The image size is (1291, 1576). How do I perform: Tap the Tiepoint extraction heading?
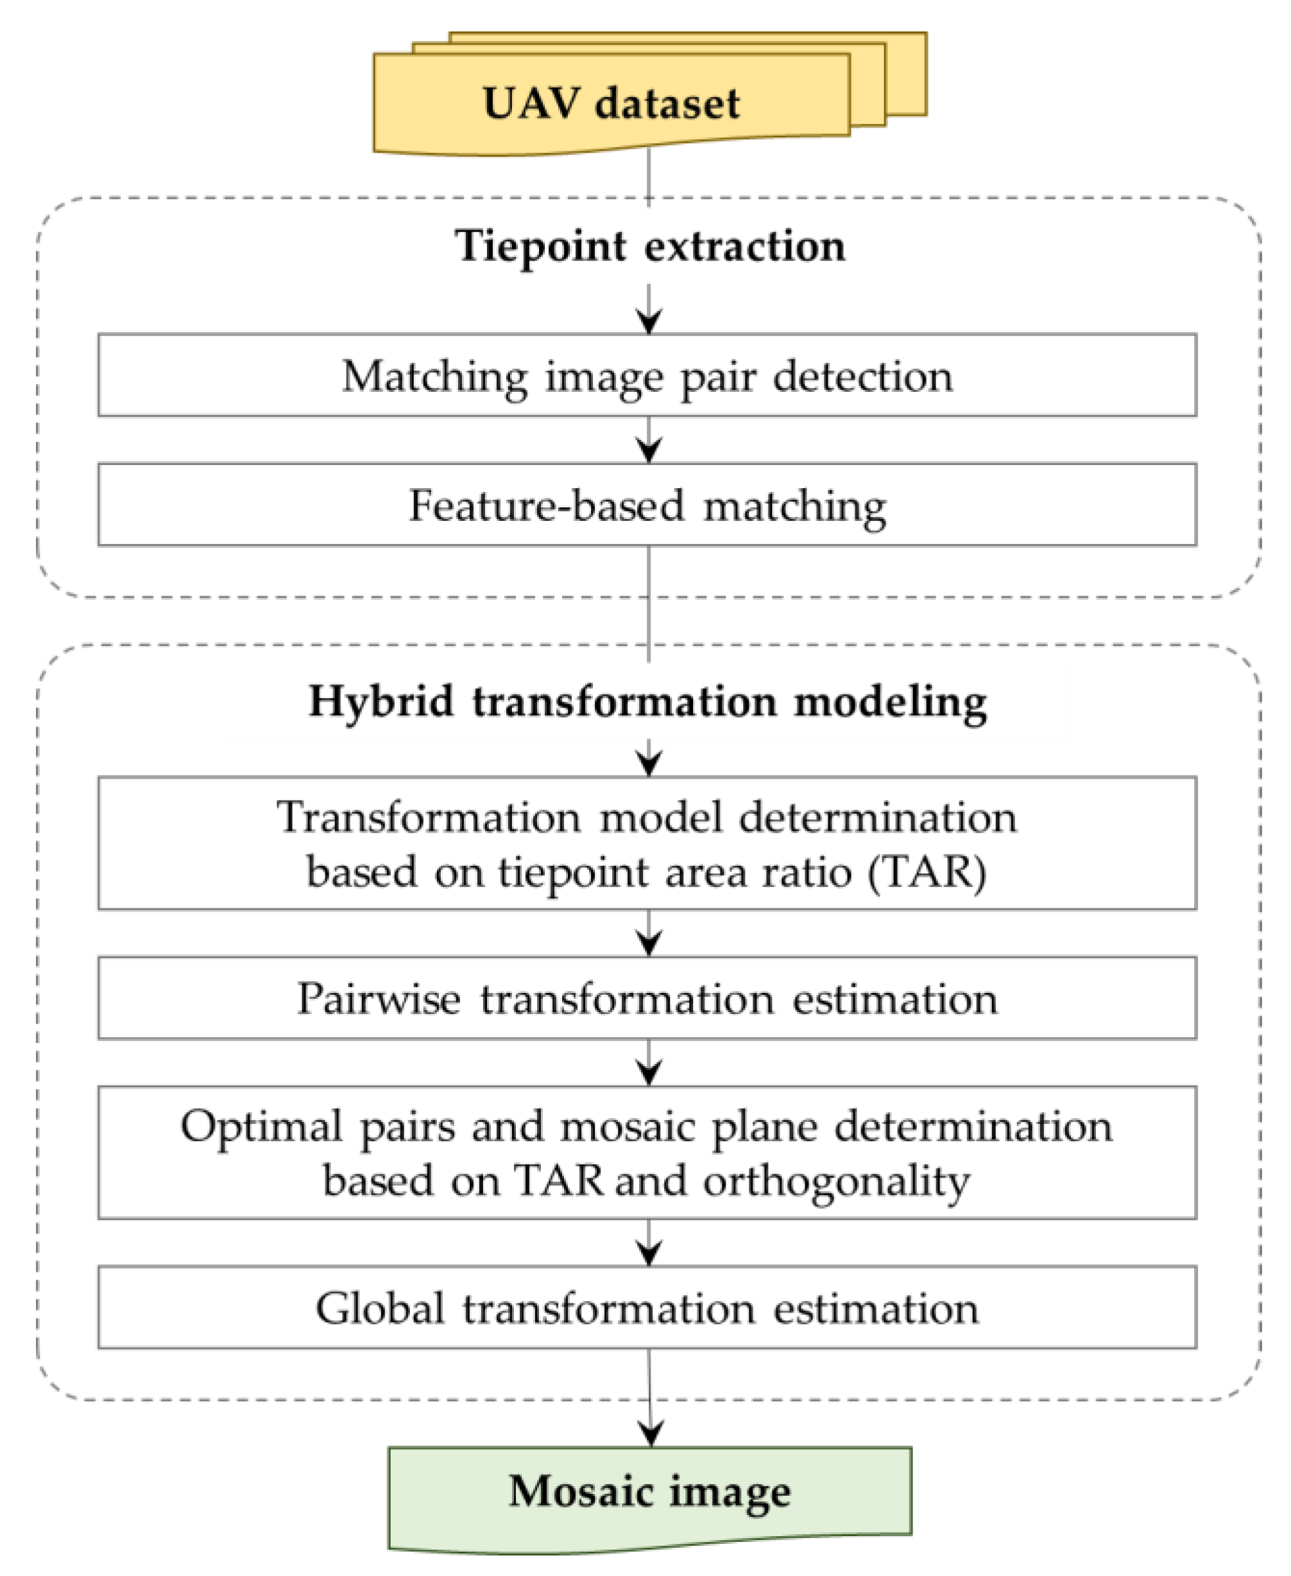[x=649, y=246]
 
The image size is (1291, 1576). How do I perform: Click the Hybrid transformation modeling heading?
[x=647, y=701]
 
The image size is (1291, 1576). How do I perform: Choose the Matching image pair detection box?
[x=647, y=375]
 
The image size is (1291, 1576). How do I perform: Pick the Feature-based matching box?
[x=647, y=505]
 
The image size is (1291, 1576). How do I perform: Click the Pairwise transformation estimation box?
[x=647, y=998]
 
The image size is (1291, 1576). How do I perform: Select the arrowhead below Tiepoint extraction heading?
[x=649, y=321]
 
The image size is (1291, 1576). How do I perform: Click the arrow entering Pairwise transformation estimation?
[x=649, y=942]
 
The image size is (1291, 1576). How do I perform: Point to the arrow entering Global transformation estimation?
[x=649, y=1251]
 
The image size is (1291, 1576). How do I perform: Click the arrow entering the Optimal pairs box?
[x=649, y=1071]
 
